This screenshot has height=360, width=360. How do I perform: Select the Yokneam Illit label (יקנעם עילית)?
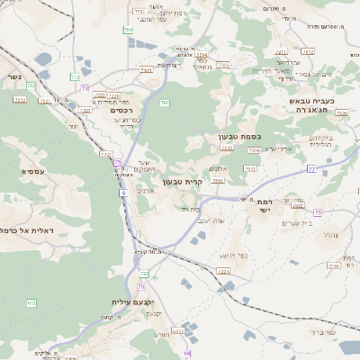pos(134,301)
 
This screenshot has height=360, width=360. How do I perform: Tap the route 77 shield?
pos(311,168)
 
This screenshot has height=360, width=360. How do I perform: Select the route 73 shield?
pos(318,212)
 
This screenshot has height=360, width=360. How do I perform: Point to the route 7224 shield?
pos(223,270)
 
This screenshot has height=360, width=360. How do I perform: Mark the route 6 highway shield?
pos(122,193)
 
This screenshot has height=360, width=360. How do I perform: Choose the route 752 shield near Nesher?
pos(31,85)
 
